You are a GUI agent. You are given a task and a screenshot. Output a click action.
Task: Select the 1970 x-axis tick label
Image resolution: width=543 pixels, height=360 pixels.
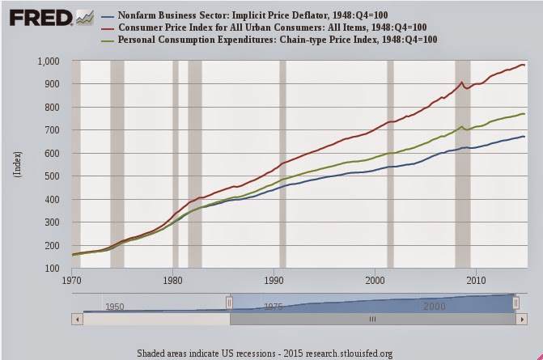(72, 281)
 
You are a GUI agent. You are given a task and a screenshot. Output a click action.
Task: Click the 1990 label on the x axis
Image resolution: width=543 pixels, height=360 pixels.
(274, 281)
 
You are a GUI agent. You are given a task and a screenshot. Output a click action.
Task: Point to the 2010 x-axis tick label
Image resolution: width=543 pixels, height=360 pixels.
(475, 281)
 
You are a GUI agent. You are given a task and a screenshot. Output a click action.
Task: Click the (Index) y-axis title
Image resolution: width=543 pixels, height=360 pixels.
(17, 164)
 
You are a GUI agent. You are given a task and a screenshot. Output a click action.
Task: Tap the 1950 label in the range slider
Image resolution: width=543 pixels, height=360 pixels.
(114, 307)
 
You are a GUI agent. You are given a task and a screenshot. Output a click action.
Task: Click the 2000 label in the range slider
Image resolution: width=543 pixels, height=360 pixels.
(432, 307)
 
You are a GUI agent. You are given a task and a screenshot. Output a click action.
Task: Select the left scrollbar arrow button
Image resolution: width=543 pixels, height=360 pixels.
(78, 320)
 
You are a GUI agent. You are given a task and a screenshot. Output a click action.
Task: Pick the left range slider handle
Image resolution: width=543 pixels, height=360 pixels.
(229, 302)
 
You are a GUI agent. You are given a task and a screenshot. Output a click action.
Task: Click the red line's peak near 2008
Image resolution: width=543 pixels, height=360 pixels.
(461, 83)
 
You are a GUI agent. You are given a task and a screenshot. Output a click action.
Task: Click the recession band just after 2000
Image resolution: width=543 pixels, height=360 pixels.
(390, 162)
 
